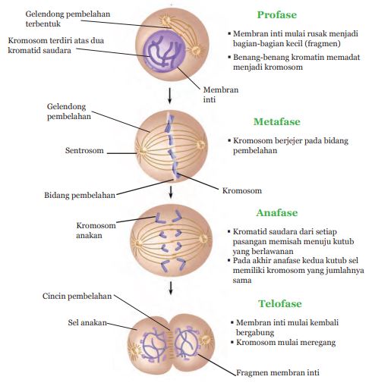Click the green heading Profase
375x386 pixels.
277,14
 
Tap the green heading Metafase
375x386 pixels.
277,121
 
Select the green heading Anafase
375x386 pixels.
277,212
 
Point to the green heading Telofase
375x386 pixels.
280,303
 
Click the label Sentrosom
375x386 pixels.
84,150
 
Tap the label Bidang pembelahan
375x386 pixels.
80,195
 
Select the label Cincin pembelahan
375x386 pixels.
77,296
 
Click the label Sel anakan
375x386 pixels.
87,322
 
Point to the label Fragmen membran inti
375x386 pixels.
278,372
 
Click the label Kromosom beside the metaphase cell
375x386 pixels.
242,190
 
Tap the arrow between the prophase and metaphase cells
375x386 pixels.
169,96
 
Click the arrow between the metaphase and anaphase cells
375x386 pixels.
171,193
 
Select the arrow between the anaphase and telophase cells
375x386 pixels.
171,288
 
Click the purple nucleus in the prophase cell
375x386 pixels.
164,52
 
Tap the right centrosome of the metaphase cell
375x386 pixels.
201,145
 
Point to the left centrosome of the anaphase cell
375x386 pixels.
138,244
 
